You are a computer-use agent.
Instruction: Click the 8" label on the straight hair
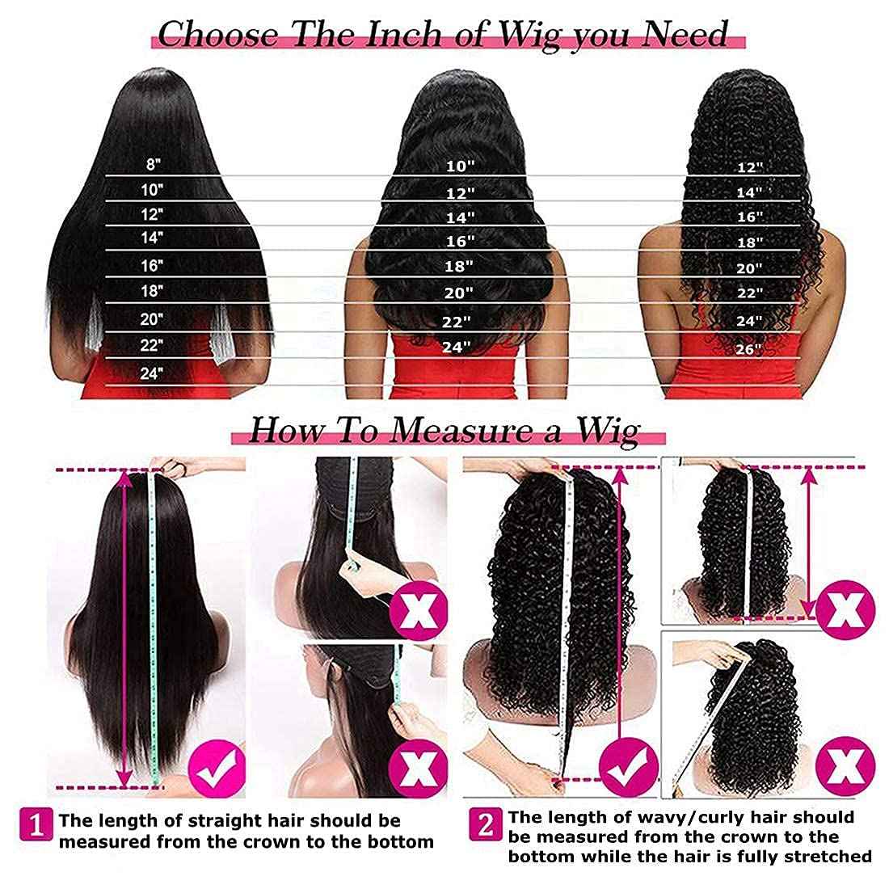point(154,164)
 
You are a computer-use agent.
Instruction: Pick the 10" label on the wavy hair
point(460,166)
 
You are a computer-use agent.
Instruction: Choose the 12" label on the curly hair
point(749,167)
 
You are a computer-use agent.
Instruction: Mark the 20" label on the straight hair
point(152,319)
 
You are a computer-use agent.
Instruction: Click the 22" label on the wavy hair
point(457,322)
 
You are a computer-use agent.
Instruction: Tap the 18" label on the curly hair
point(749,242)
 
